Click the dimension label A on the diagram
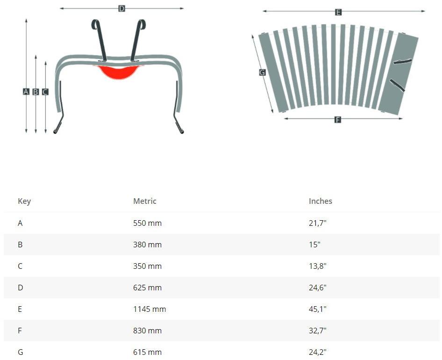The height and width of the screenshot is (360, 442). [x=26, y=92]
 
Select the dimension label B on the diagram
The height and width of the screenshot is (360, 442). [x=36, y=92]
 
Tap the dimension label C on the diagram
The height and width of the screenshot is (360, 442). [x=45, y=92]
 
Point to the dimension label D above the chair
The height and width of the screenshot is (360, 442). [x=121, y=8]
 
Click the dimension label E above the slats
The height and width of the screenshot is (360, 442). [x=338, y=12]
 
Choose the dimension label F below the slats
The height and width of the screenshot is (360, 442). [x=338, y=120]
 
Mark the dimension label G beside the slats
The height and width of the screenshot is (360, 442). [x=262, y=72]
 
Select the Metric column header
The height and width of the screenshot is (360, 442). [x=145, y=201]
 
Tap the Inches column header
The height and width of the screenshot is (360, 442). [x=321, y=201]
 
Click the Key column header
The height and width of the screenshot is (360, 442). [x=24, y=201]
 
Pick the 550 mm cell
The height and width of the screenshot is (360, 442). [x=147, y=223]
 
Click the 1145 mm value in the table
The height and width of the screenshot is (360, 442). [x=150, y=309]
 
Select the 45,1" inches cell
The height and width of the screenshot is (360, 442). [x=318, y=309]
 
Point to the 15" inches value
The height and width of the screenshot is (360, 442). [x=314, y=245]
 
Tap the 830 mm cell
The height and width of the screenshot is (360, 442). [x=147, y=331]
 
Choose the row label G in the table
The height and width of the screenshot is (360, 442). [x=20, y=352]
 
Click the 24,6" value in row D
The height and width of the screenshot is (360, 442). [x=318, y=288]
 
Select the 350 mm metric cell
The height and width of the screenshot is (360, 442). [x=147, y=266]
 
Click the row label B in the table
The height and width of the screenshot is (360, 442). [x=20, y=245]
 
